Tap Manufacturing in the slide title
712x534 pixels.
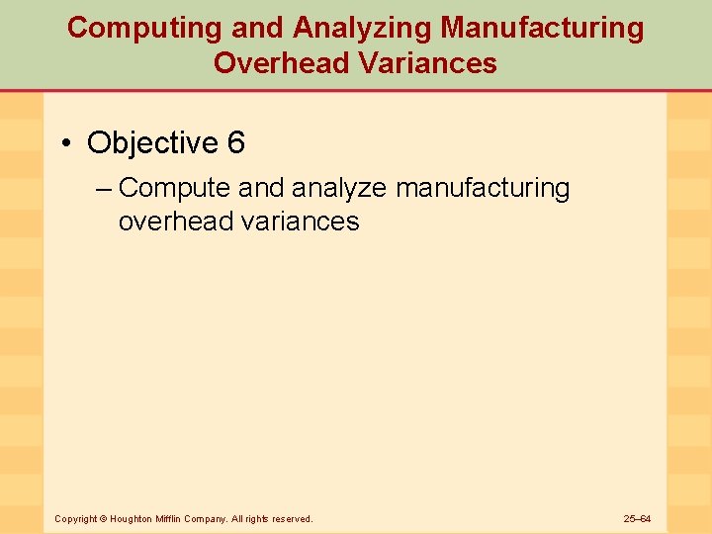point(542,28)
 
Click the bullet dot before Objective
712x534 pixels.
point(66,144)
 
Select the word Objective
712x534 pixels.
point(152,143)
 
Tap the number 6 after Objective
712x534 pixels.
point(235,143)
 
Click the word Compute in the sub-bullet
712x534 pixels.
point(174,188)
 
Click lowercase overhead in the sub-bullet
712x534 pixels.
point(175,221)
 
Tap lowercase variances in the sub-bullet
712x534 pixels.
point(300,221)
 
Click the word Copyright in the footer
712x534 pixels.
point(75,518)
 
